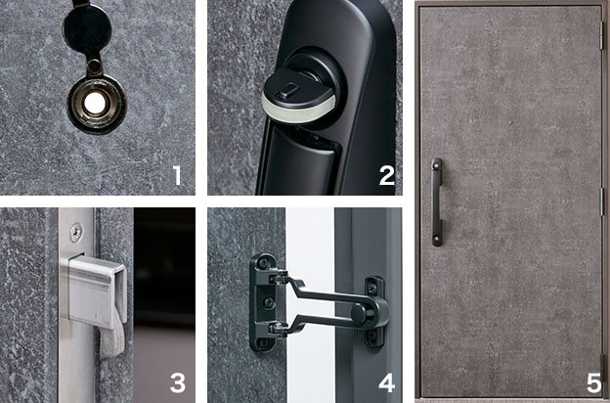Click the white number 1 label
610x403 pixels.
tap(177, 175)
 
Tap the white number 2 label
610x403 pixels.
tap(387, 175)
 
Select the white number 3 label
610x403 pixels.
tap(178, 382)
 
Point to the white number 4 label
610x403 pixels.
tap(387, 382)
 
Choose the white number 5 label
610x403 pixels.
tap(594, 382)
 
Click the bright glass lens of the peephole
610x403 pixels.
tap(95, 104)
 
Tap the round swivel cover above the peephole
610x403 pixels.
tap(87, 29)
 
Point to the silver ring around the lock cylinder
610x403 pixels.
tap(297, 108)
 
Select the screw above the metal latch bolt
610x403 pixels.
tap(76, 232)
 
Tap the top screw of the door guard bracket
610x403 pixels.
tap(264, 263)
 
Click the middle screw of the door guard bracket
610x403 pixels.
tap(269, 302)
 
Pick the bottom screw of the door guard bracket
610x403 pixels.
tap(264, 342)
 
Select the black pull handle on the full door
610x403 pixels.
tap(437, 201)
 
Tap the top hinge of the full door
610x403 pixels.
tap(603, 36)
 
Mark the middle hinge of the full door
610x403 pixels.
tap(603, 201)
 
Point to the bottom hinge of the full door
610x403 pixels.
tap(603, 369)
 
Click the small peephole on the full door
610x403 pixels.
tap(511, 122)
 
